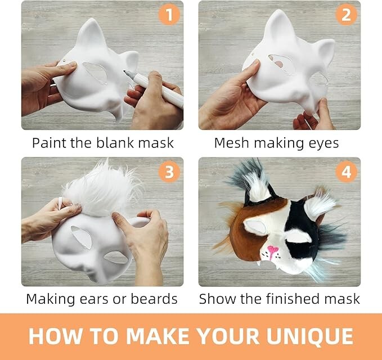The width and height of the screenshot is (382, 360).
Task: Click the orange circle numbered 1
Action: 169,15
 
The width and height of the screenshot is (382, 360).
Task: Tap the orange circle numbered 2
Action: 346,15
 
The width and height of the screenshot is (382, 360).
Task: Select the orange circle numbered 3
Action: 169,172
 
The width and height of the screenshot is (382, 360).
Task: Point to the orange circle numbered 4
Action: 346,172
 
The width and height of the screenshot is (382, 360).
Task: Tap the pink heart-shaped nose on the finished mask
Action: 272,250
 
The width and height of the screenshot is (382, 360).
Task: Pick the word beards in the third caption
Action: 154,299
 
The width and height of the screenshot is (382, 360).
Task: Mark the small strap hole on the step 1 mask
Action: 64,61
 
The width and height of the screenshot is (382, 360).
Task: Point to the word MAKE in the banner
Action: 157,336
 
